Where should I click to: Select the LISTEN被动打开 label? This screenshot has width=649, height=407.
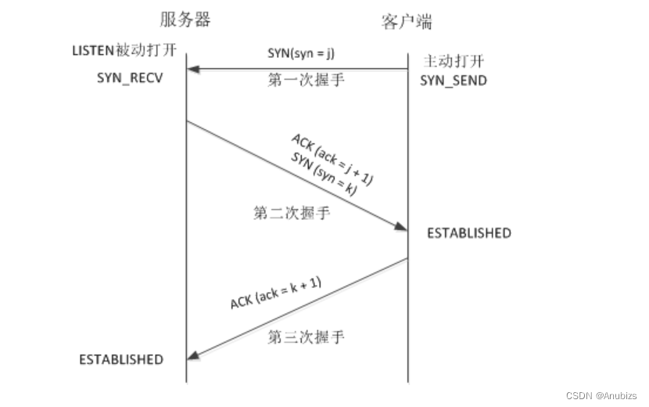pos(124,52)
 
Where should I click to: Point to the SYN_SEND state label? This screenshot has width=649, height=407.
pos(454,81)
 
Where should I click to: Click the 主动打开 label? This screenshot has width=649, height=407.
pos(454,61)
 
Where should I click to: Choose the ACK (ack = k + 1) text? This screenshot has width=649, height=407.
pos(275,292)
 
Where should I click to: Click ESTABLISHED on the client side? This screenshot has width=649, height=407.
pos(468,233)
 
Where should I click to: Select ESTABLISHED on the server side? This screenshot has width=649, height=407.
pos(121,359)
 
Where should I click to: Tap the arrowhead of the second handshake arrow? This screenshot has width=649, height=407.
pos(400,227)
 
